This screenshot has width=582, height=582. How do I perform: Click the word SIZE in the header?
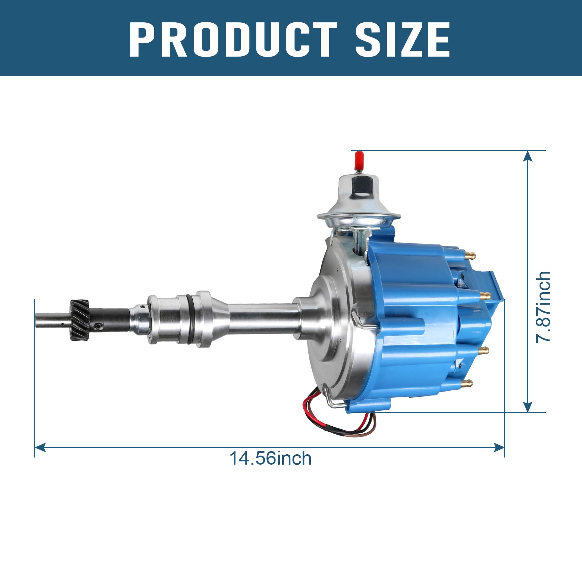403,39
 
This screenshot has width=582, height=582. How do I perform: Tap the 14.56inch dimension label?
270,458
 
